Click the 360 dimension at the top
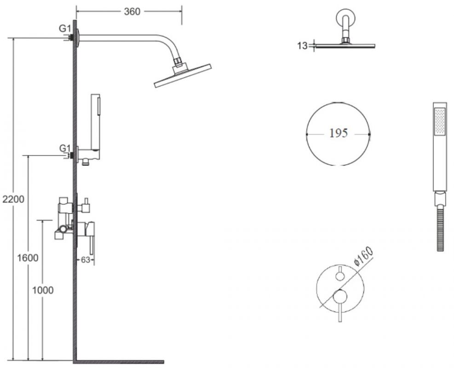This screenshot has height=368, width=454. click(x=132, y=11)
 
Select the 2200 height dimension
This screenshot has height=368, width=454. click(x=13, y=199)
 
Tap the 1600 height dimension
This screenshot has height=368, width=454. click(x=28, y=258)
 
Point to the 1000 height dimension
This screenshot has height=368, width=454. click(x=43, y=290)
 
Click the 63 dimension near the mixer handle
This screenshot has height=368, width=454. click(x=86, y=260)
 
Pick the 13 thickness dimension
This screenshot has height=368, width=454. click(x=302, y=46)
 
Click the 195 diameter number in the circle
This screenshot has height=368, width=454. click(x=339, y=133)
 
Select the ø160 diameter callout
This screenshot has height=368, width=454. click(x=363, y=256)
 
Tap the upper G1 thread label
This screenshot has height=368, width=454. click(x=65, y=29)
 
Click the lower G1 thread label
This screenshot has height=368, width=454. click(x=65, y=148)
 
